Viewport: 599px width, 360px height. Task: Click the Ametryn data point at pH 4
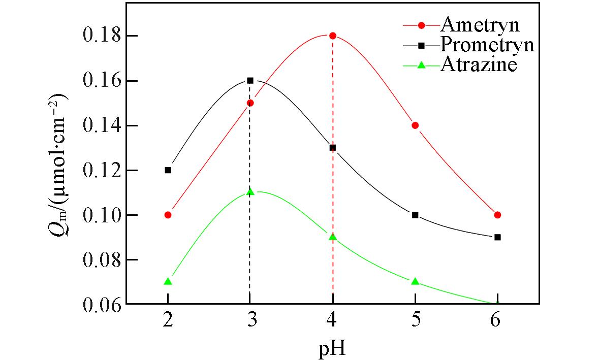[333, 36]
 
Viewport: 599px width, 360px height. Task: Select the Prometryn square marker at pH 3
[250, 80]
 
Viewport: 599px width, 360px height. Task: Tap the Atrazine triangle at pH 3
[250, 192]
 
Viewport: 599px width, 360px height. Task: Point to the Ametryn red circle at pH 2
[168, 215]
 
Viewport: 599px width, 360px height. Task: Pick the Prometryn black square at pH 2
[168, 170]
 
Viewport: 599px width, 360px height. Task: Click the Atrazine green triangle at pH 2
[168, 281]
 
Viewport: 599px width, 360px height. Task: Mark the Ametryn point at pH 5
[415, 125]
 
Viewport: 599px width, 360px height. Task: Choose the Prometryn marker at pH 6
[497, 237]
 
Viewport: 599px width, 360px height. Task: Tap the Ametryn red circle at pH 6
[497, 215]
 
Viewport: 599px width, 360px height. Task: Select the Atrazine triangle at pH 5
[415, 281]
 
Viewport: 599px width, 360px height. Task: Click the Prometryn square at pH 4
[333, 148]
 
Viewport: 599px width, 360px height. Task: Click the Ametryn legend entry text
[480, 24]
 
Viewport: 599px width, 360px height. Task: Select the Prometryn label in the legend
[487, 45]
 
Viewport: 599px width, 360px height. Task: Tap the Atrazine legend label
[479, 64]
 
